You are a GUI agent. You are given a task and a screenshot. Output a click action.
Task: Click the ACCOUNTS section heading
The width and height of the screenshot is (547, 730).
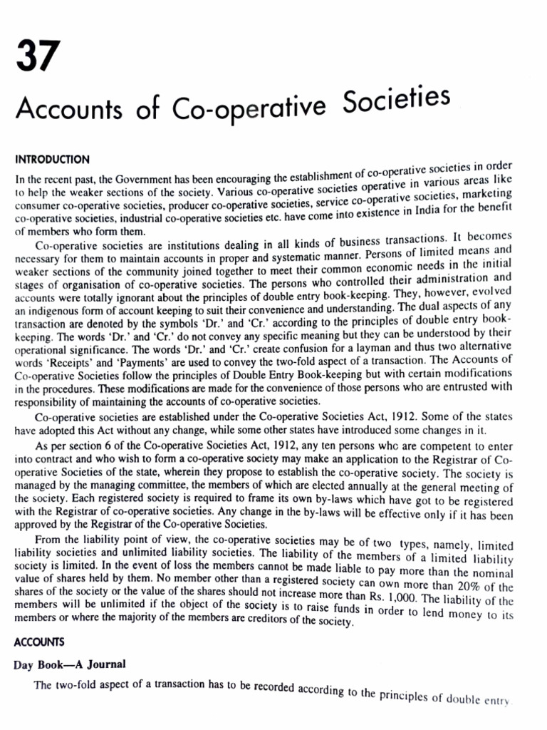tap(39, 642)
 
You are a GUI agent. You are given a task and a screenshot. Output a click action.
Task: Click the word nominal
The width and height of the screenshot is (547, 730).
tap(496, 572)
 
